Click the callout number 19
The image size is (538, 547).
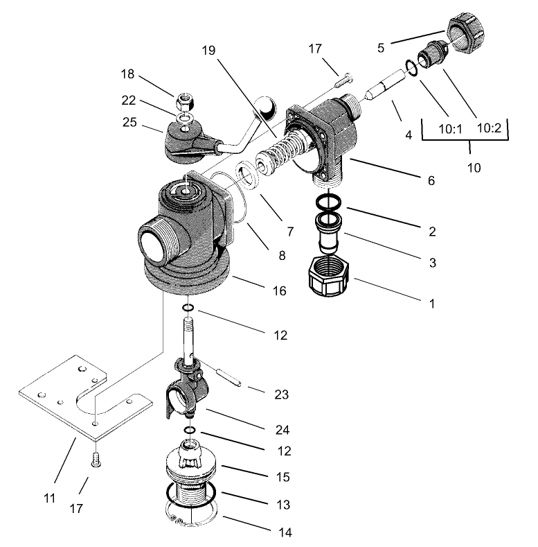click(209, 51)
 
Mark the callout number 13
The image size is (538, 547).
click(283, 505)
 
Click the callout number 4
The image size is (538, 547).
click(409, 135)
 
